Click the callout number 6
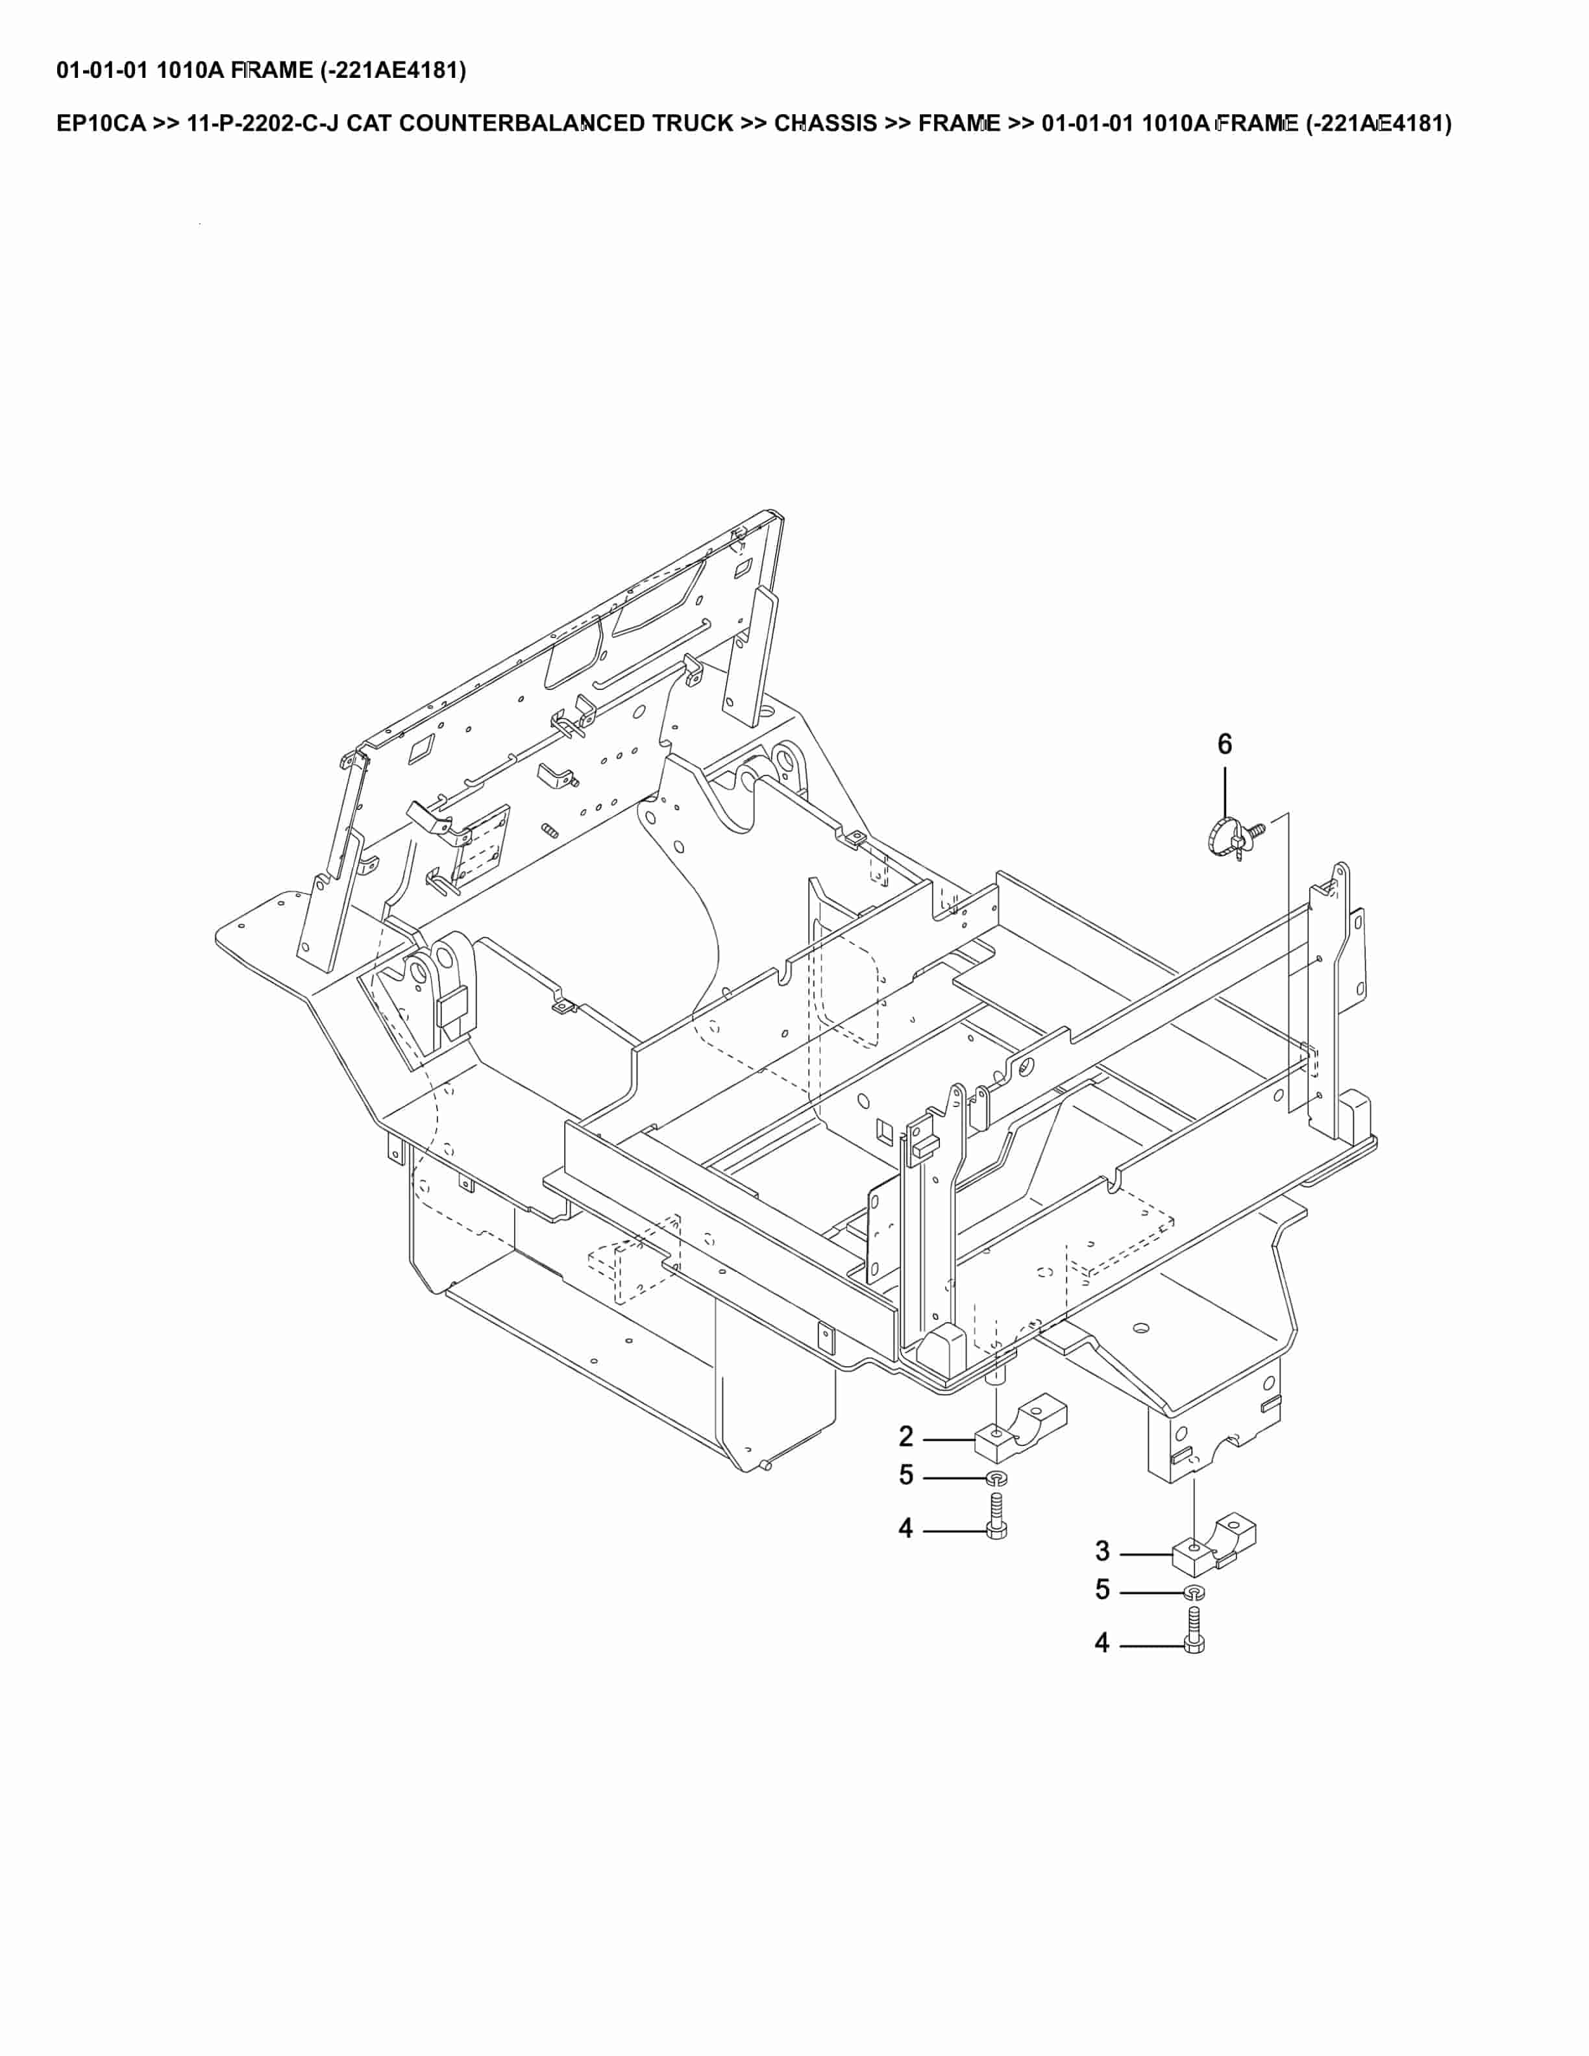pos(1224,744)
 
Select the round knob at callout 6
pos(1222,835)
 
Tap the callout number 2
pos(905,1437)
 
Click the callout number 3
pos(1102,1550)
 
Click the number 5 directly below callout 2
pos(905,1475)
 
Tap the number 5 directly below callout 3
pos(1102,1590)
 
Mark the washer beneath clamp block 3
pos(1194,1592)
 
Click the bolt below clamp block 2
pos(997,1517)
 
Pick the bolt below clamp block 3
pos(1194,1632)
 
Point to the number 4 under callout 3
pos(1102,1643)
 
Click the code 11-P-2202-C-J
pos(263,123)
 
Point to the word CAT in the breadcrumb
pos(370,123)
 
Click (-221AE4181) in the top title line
pos(393,71)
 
